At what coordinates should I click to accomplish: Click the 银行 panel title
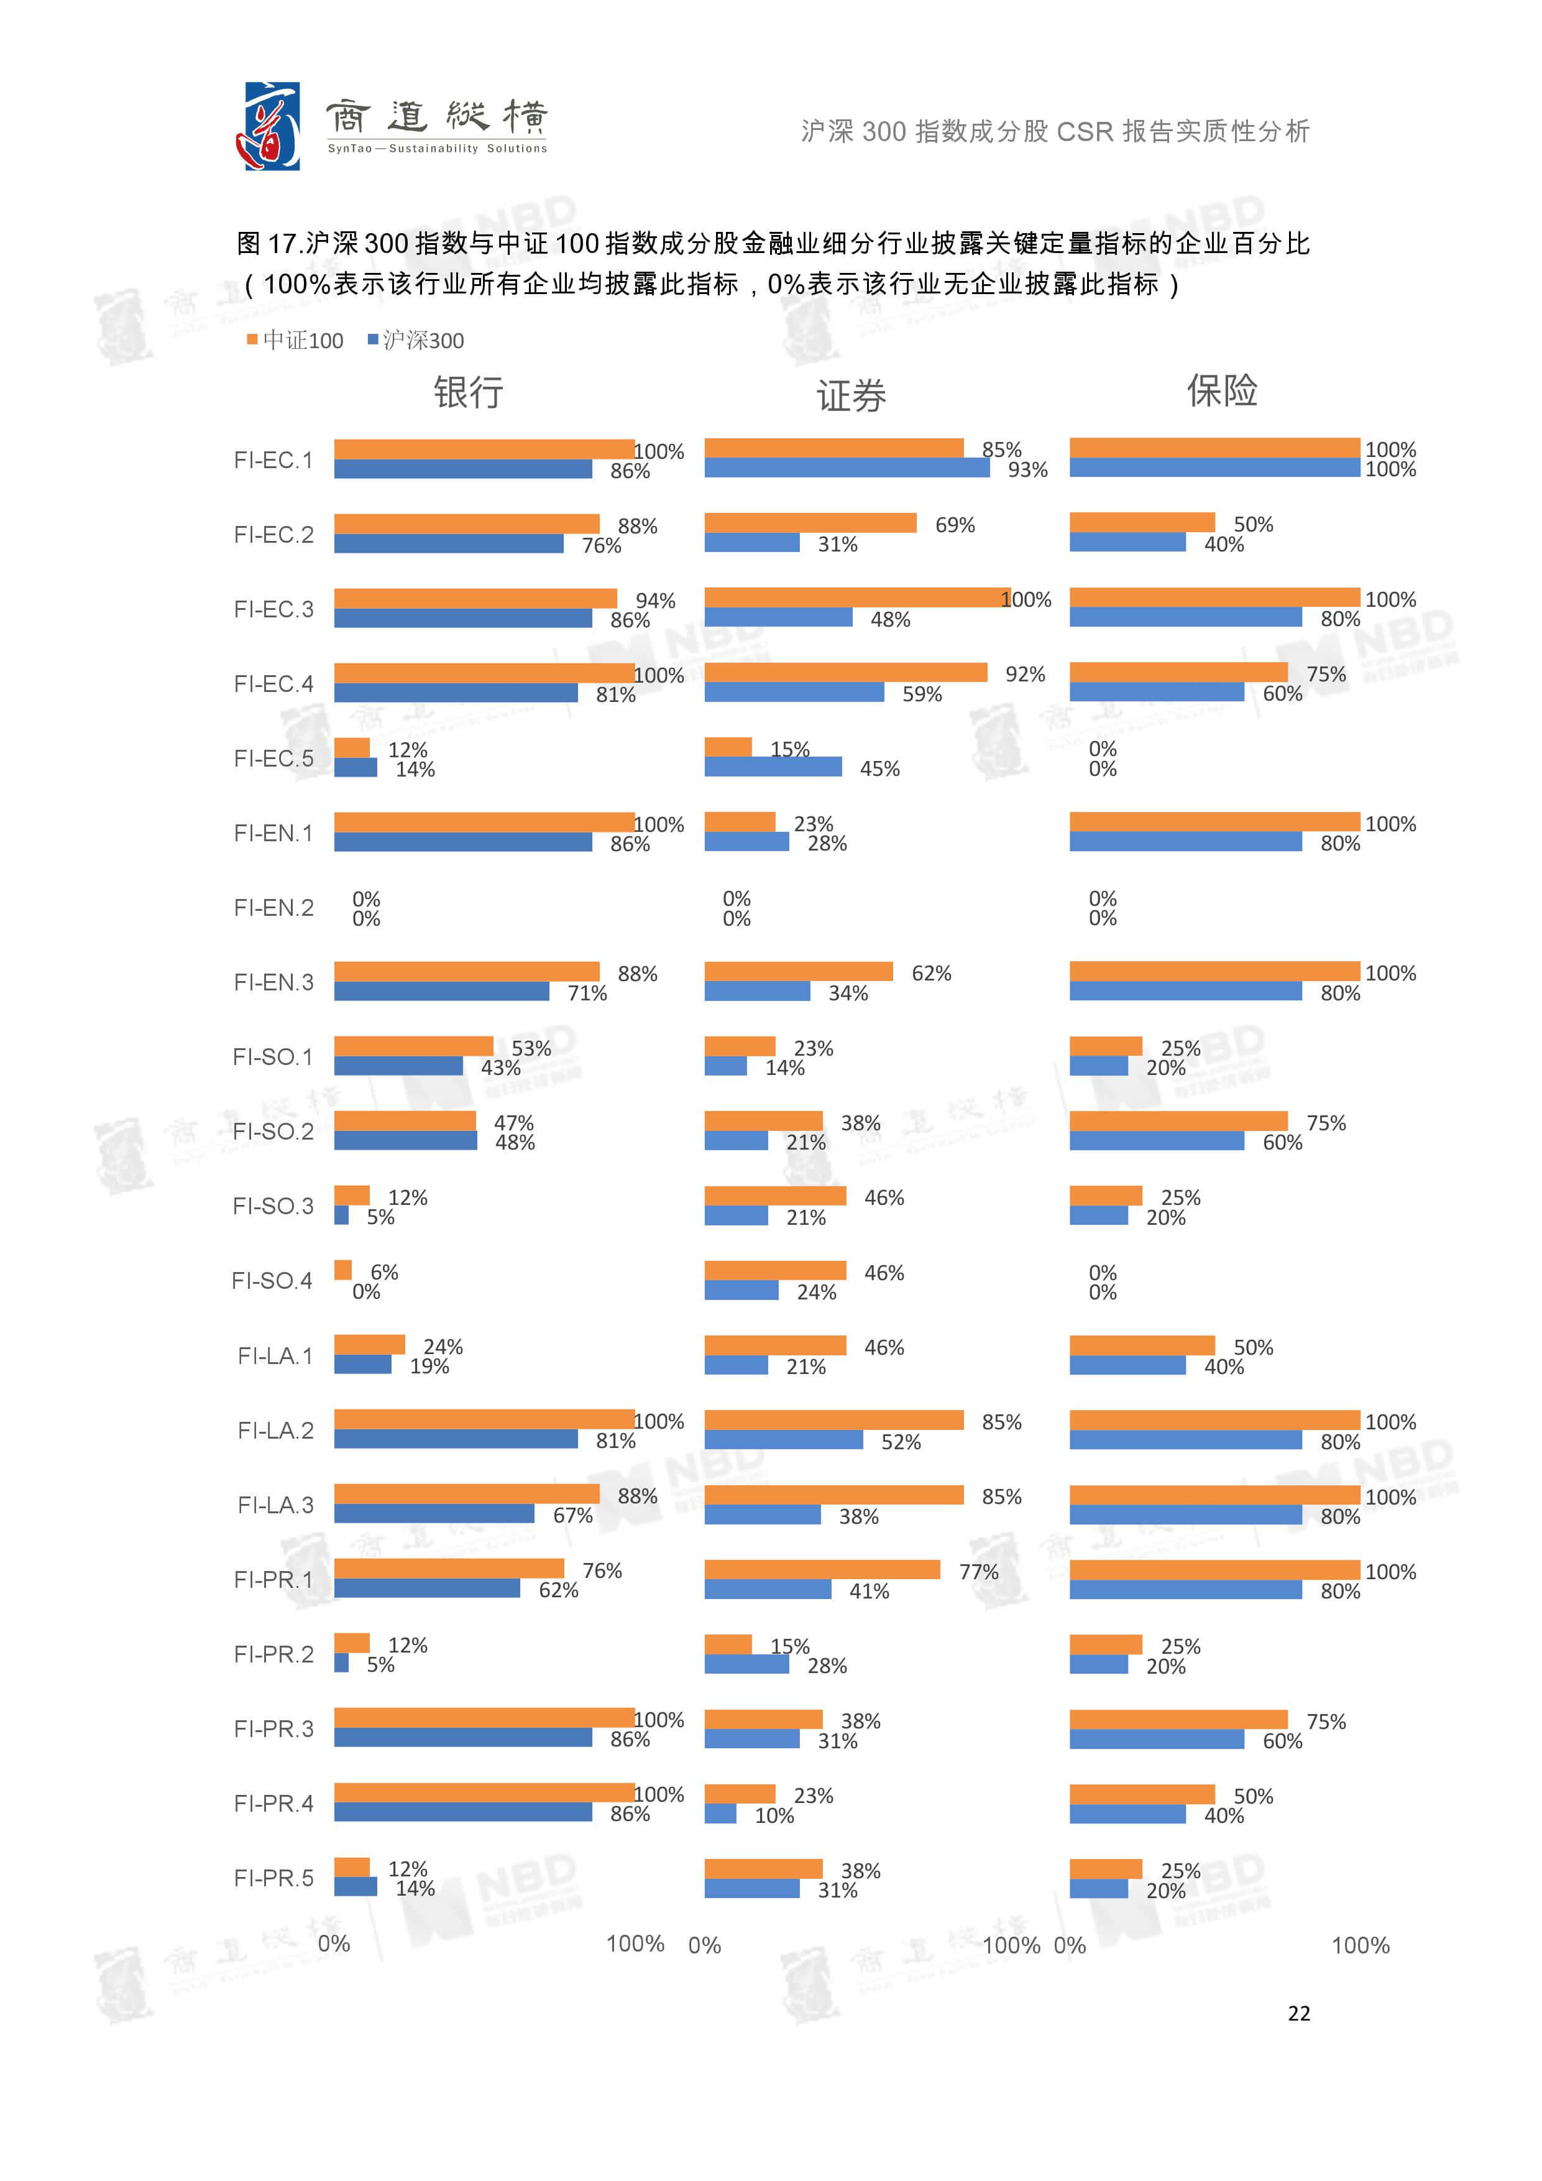[x=468, y=391]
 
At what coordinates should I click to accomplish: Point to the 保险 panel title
[x=1221, y=389]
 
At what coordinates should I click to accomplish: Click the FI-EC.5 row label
[x=273, y=758]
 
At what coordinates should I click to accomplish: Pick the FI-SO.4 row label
[x=272, y=1281]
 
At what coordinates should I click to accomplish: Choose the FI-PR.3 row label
[x=273, y=1729]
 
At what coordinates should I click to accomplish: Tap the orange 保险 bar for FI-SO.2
[x=1177, y=1121]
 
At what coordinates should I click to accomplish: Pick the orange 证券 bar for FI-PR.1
[x=821, y=1569]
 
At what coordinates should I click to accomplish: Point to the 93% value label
[x=1027, y=470]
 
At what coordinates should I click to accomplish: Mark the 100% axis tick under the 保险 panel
[x=1360, y=1945]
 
